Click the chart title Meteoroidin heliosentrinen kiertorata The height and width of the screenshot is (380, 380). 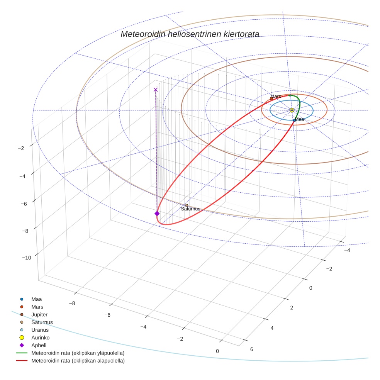(190, 34)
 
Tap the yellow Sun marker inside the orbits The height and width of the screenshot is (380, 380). (292, 110)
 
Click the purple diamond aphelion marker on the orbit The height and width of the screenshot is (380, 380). (157, 214)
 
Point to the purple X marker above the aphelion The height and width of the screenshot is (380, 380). (156, 90)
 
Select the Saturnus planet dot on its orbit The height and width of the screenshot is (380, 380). (187, 205)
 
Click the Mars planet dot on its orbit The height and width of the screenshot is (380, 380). (271, 98)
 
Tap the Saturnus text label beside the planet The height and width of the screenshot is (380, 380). (190, 209)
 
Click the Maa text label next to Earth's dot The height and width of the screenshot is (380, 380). (300, 119)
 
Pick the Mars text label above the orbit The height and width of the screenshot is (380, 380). (275, 96)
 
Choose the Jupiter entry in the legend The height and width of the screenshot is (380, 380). (39, 314)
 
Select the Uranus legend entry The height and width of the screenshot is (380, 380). (39, 330)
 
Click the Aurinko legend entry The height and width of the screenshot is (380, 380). (40, 338)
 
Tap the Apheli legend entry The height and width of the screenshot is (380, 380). (38, 345)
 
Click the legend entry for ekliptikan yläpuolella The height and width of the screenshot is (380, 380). (78, 353)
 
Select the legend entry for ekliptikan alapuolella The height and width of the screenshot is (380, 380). (78, 361)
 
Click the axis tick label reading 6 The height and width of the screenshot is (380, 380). (252, 349)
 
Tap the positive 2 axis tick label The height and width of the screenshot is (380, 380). (292, 307)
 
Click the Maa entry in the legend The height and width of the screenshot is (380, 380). (37, 299)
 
